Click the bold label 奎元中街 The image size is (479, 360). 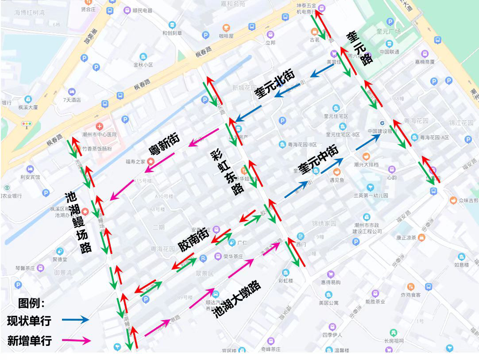click(x=318, y=160)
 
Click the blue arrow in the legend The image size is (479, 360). click(x=75, y=320)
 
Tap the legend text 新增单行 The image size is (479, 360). click(x=29, y=340)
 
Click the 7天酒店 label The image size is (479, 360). click(x=72, y=100)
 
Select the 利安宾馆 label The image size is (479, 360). click(x=30, y=177)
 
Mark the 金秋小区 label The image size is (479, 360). click(x=143, y=65)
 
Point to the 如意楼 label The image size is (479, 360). click(x=462, y=265)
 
